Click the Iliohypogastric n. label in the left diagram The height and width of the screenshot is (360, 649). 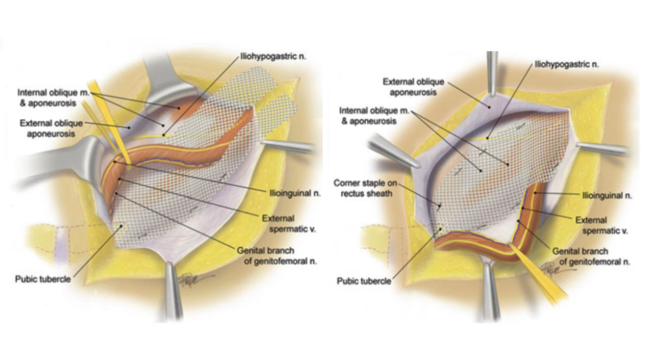pyautogui.click(x=273, y=56)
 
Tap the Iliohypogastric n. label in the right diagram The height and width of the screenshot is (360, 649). pyautogui.click(x=566, y=64)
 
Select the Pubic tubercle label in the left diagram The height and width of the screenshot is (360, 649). pyautogui.click(x=43, y=279)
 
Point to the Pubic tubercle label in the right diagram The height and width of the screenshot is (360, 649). pyautogui.click(x=364, y=281)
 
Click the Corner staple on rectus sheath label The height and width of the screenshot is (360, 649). pyautogui.click(x=366, y=188)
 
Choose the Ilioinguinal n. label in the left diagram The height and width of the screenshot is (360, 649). pyautogui.click(x=295, y=193)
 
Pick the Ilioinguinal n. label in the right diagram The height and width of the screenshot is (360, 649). pyautogui.click(x=607, y=196)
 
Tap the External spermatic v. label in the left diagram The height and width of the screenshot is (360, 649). pyautogui.click(x=289, y=224)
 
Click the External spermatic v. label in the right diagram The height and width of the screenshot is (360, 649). pyautogui.click(x=601, y=225)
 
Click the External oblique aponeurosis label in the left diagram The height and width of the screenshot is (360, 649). pyautogui.click(x=51, y=129)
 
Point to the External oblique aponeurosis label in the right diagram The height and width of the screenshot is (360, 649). pyautogui.click(x=413, y=87)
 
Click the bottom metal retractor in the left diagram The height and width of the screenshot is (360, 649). pyautogui.click(x=174, y=290)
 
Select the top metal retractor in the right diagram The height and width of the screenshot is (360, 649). pyautogui.click(x=492, y=74)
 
